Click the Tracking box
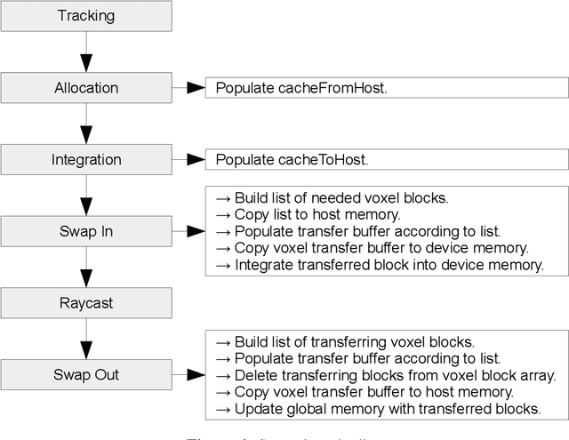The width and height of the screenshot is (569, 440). coord(85,15)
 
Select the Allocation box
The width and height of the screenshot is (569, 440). coord(85,87)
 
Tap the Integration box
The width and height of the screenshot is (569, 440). coord(85,159)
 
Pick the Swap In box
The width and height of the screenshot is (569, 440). coord(85,231)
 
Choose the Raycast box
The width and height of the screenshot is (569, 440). coord(85,303)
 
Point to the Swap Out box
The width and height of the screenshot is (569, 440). coord(85,374)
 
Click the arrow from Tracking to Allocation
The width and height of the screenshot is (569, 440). coord(85,52)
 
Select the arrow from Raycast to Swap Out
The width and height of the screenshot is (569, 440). coord(85,339)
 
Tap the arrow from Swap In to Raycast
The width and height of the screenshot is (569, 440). coord(85,267)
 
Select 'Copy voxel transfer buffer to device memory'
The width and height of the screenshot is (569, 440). coord(380,248)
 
